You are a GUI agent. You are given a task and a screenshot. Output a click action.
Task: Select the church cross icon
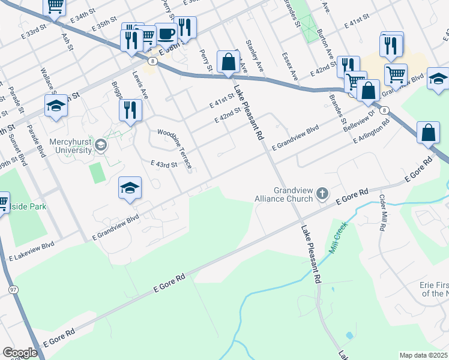coord(322,193)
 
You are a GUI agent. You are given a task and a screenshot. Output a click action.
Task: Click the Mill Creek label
coord(338,241)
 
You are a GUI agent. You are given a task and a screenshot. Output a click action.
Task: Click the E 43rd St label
coord(164,164)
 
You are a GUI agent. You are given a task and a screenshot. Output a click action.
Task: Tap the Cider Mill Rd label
coord(381,212)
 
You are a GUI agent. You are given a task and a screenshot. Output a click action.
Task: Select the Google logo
coord(20,353)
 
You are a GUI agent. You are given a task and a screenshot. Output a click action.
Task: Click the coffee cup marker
coord(166,34)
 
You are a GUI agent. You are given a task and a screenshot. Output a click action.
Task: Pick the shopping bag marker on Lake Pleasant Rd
coord(228,61)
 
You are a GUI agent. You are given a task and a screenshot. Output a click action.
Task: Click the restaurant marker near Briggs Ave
coord(130,110)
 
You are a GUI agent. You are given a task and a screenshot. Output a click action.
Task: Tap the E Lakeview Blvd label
coord(32,253)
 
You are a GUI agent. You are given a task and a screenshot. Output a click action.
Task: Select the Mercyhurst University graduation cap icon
coord(101,145)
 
